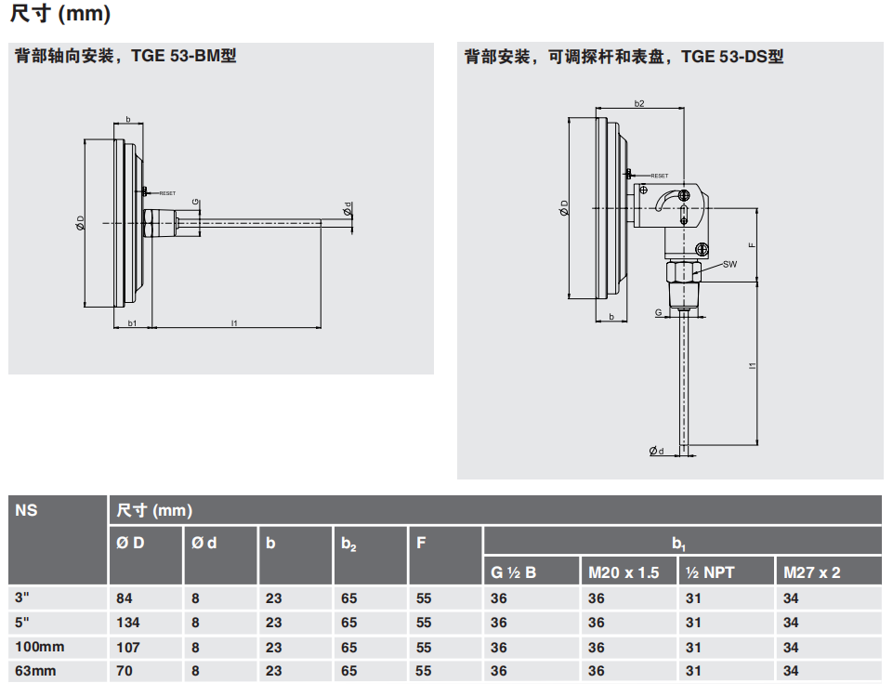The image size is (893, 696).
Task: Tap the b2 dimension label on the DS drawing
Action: pyautogui.click(x=638, y=103)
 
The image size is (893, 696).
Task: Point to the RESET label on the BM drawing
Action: pyautogui.click(x=167, y=193)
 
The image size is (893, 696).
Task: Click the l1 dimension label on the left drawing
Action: pyautogui.click(x=234, y=322)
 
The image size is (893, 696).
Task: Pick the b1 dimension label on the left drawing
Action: pyautogui.click(x=133, y=322)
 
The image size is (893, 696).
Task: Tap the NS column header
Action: pyautogui.click(x=27, y=509)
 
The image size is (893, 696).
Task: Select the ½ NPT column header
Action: pyautogui.click(x=709, y=572)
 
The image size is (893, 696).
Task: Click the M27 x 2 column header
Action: pyautogui.click(x=811, y=572)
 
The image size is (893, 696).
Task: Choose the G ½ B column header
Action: pyautogui.click(x=513, y=572)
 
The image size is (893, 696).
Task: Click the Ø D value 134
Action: pyautogui.click(x=126, y=623)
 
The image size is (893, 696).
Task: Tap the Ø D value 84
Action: pyautogui.click(x=124, y=598)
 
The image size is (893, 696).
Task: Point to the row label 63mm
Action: pyautogui.click(x=33, y=671)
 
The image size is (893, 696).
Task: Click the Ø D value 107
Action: pyautogui.click(x=126, y=647)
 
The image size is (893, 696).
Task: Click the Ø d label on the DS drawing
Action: pyautogui.click(x=657, y=451)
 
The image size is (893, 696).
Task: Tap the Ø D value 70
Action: pyautogui.click(x=124, y=671)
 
